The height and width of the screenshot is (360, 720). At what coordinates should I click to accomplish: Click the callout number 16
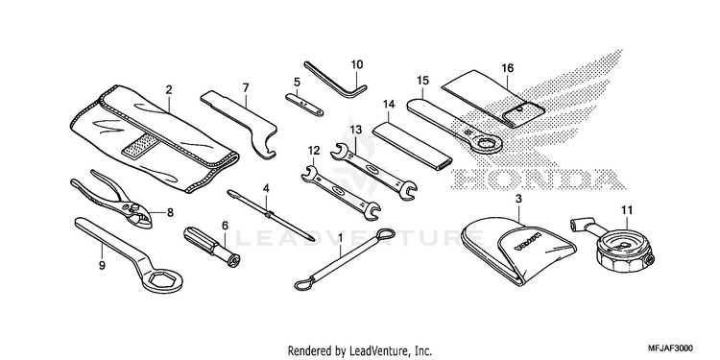pos(508,68)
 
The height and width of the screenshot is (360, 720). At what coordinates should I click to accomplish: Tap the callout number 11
pos(627,210)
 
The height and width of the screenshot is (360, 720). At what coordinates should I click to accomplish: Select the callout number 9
pos(102,265)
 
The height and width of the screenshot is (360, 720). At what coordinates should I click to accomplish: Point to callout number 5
pos(297,83)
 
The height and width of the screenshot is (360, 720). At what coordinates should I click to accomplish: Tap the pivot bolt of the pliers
pos(135,209)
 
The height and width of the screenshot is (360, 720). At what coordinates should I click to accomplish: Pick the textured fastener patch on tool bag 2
pos(142,144)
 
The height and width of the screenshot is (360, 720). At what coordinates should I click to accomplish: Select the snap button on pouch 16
pos(519,108)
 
